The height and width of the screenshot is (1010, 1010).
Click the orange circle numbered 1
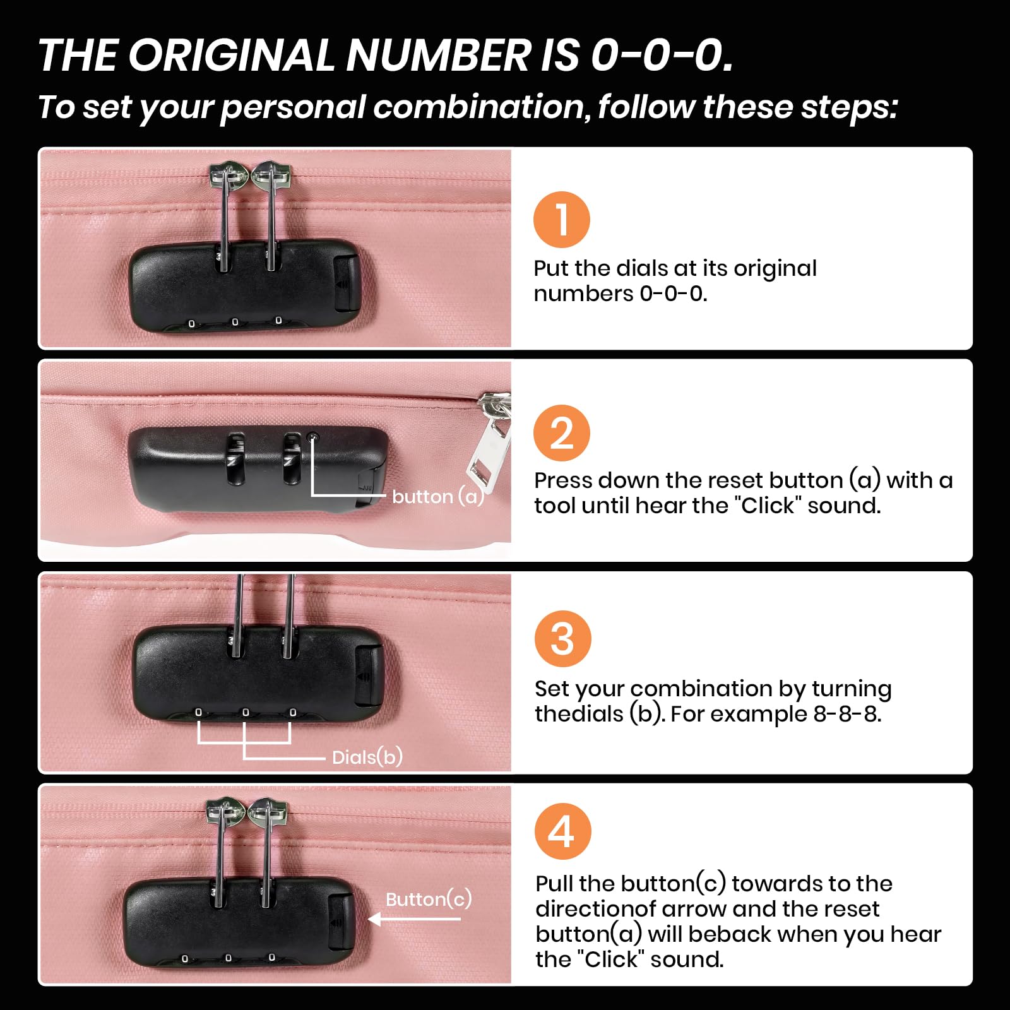coord(561,220)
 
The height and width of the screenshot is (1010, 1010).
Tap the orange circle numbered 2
coord(561,433)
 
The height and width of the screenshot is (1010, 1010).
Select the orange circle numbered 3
coord(562,639)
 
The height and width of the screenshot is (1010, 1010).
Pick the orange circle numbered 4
coord(562,831)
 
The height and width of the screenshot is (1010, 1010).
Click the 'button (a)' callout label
coord(438,496)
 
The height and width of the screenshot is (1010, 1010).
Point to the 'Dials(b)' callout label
coord(367,756)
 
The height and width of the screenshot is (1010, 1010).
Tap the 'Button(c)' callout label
coord(429,898)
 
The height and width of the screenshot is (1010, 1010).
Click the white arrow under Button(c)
coord(414,919)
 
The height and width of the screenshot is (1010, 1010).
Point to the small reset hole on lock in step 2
coord(312,437)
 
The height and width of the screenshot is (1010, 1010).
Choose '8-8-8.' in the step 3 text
coord(847,714)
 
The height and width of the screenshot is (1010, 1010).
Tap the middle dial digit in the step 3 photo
coord(246,713)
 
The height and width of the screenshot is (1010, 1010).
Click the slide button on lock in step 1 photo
coord(345,282)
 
